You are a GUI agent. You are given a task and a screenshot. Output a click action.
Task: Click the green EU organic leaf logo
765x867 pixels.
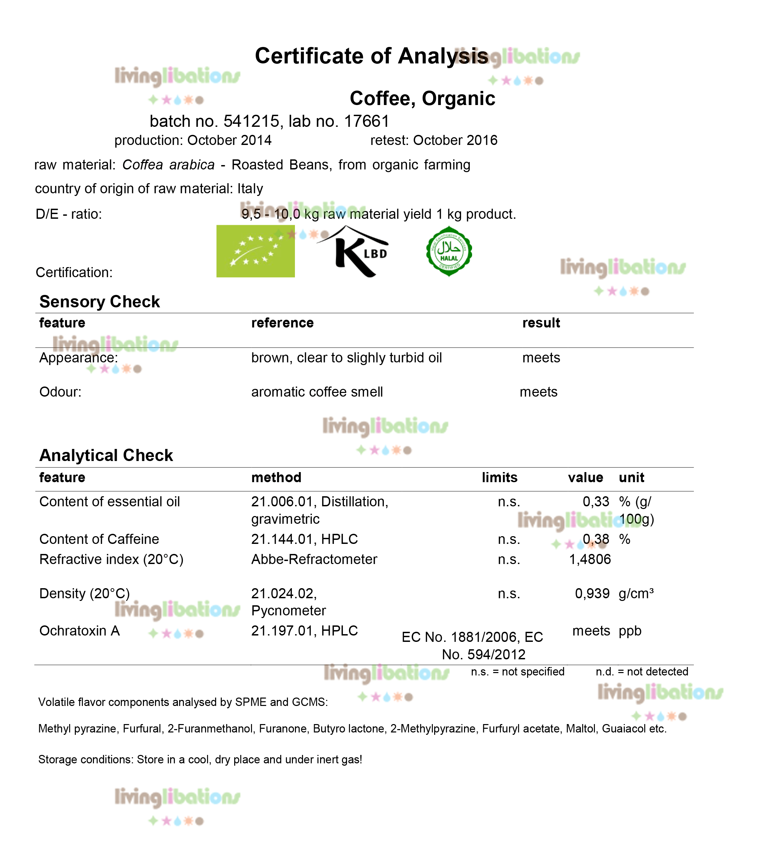(255, 251)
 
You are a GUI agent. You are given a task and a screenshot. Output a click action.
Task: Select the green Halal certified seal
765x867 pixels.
(449, 251)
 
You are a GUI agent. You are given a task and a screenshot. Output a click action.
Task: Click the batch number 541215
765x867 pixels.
(251, 121)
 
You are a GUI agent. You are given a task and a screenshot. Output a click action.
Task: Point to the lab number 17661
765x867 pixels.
(367, 121)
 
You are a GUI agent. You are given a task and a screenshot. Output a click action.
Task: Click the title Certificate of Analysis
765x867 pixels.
(371, 56)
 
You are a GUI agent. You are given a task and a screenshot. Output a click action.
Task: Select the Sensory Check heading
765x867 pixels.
(99, 302)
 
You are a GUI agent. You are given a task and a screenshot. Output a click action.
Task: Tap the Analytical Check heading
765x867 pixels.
(106, 455)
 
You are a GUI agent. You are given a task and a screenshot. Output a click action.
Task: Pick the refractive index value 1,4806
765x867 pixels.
(590, 559)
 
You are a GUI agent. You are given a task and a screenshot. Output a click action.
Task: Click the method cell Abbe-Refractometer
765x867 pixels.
(314, 559)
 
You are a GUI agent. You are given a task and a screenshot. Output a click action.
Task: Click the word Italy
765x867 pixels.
(250, 188)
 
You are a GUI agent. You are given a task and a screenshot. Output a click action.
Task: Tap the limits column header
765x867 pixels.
(500, 477)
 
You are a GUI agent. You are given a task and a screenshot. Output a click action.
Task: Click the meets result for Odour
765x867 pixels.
(539, 392)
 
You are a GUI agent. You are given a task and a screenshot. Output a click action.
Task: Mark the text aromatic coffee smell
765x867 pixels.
(317, 392)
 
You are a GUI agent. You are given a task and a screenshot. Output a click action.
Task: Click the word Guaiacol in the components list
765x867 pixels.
(623, 729)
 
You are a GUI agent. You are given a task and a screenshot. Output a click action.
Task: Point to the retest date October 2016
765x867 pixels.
(455, 140)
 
